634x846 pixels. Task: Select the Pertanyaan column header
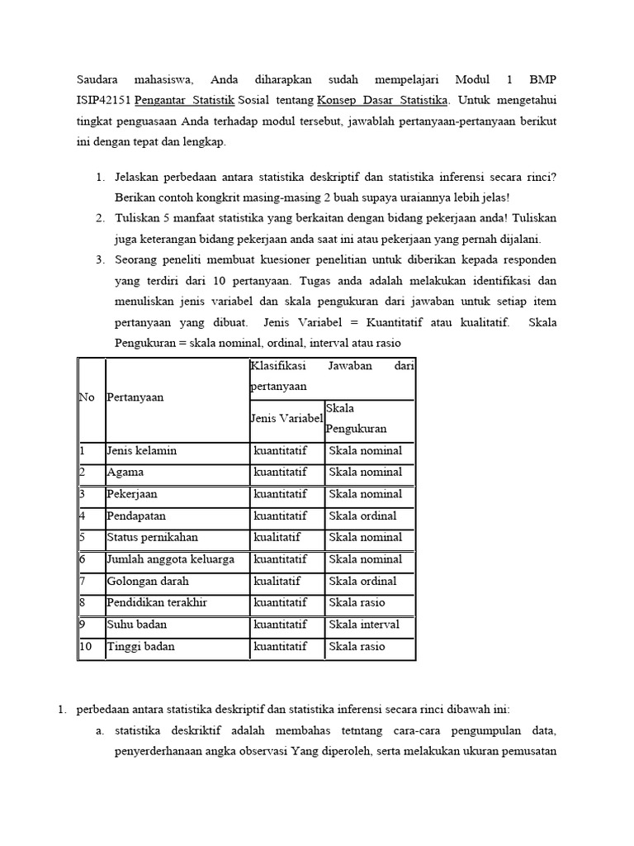[x=135, y=397]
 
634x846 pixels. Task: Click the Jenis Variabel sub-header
[x=286, y=419]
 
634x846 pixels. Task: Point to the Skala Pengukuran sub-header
[x=357, y=419]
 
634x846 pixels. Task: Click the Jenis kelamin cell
[x=141, y=451]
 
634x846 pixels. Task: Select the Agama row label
[x=125, y=473]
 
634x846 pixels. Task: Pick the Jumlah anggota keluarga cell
[x=170, y=559]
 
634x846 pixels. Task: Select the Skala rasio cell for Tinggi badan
[x=357, y=646]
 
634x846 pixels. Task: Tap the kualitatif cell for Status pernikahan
[x=277, y=537]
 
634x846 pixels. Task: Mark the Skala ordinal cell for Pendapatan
[x=362, y=516]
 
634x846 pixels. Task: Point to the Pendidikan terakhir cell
[x=153, y=602]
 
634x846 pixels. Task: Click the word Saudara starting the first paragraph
[x=98, y=80]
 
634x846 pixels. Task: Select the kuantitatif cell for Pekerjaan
[x=281, y=494]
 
